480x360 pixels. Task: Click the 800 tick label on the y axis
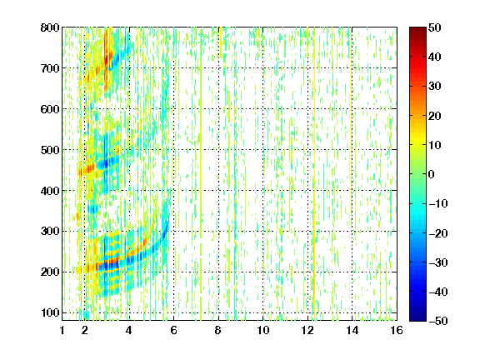pos(50,27)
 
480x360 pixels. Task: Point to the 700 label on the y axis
pos(50,68)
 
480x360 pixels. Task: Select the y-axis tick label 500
pos(50,150)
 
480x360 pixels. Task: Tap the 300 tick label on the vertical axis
pos(50,232)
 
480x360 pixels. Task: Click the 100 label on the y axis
pos(50,312)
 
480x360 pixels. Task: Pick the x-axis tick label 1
pos(62,330)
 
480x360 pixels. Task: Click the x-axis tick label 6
pos(173,330)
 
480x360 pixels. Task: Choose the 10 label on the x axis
pos(262,330)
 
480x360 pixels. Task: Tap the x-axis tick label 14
pos(352,330)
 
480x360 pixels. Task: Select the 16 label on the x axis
pos(397,330)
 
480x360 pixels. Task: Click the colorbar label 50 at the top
pos(434,27)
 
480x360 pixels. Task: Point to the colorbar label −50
pos(438,321)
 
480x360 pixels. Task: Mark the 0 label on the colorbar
pos(432,174)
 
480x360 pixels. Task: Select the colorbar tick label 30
pos(434,87)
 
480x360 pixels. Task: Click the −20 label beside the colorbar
pos(438,233)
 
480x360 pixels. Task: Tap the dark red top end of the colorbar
pos(417,28)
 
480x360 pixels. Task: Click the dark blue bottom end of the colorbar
pos(417,320)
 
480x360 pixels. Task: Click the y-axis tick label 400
pos(50,191)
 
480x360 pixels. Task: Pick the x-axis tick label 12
pos(307,330)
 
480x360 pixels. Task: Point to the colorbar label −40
pos(438,292)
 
